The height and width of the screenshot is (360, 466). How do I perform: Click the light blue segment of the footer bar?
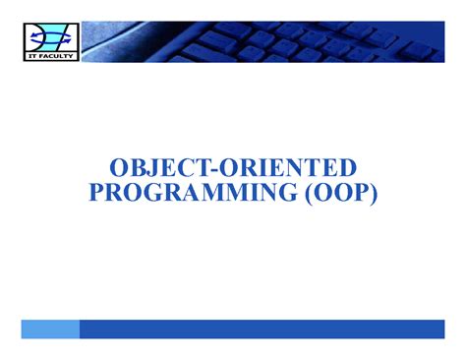pyautogui.click(x=49, y=329)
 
